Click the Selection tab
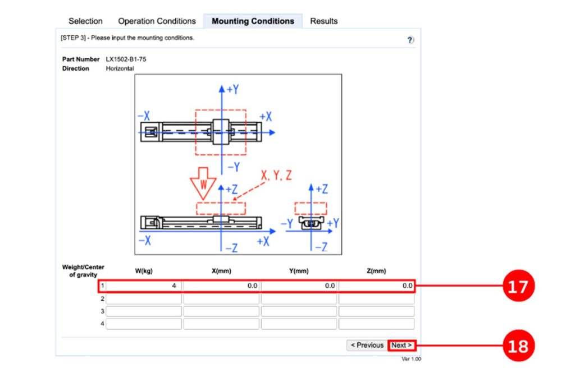point(85,21)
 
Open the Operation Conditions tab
point(157,21)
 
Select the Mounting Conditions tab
point(253,21)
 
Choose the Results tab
point(324,21)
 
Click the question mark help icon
point(410,40)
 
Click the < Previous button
point(367,345)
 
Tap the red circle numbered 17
point(517,286)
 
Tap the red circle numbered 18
point(517,346)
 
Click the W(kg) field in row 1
point(144,286)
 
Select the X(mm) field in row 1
point(221,286)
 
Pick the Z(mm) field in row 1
point(376,286)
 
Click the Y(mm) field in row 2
point(299,299)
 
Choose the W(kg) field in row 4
point(144,324)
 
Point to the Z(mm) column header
point(376,271)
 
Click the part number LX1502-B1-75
point(126,59)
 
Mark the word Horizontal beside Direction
point(120,68)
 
